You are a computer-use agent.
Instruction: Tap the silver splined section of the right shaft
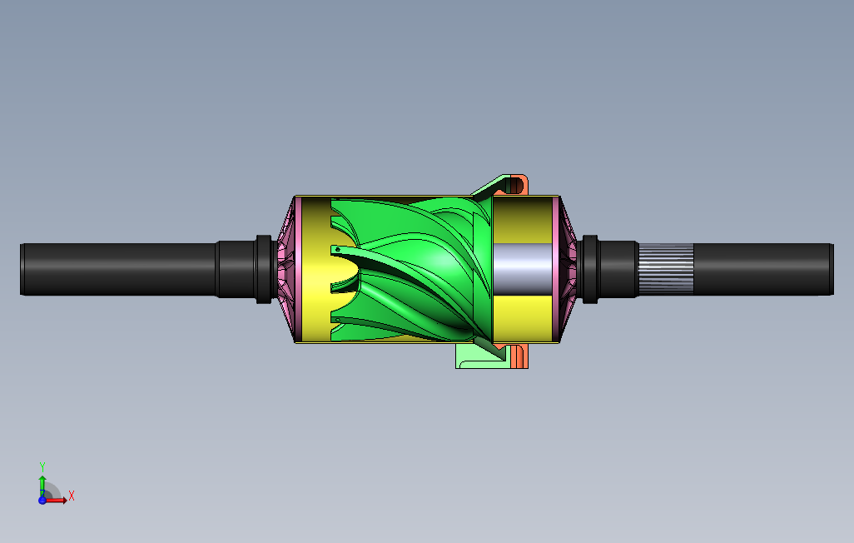(x=666, y=269)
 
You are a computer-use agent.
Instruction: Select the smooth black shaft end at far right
(x=763, y=269)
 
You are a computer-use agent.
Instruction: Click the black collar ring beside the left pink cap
(x=264, y=269)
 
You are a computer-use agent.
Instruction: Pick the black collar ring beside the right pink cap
(x=590, y=269)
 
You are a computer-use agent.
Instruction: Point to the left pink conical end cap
(x=287, y=269)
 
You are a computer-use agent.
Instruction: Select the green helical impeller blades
(x=411, y=269)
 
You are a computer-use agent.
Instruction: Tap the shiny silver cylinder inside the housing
(x=522, y=269)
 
